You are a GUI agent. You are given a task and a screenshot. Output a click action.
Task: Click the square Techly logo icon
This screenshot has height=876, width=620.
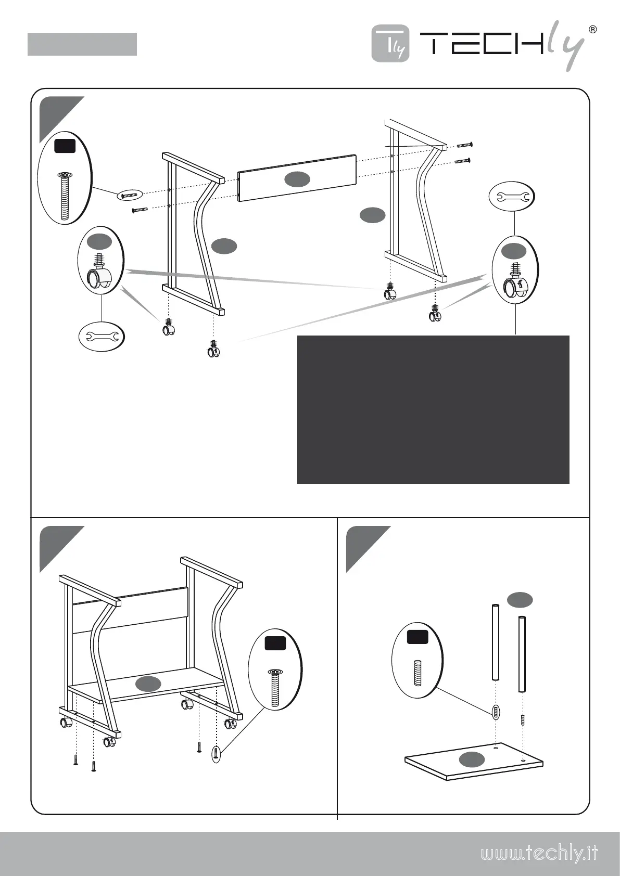tap(390, 44)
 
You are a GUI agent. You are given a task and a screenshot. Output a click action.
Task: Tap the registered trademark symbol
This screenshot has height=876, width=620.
tap(592, 29)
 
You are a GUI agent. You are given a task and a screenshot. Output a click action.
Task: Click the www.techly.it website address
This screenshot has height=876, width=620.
tap(539, 854)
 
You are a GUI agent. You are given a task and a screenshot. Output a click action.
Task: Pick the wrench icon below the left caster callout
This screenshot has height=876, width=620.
tap(102, 337)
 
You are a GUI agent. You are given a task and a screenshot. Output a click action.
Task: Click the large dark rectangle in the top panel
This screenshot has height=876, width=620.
tap(433, 409)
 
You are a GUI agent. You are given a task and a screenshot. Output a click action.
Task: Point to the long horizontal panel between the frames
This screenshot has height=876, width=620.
tap(297, 178)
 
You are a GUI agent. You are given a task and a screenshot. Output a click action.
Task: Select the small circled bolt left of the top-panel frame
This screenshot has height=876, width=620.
tap(129, 195)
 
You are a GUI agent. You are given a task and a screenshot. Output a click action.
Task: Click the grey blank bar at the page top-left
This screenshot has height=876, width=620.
tap(82, 44)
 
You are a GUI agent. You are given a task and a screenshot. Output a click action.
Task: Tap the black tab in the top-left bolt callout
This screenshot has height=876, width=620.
tap(65, 146)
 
